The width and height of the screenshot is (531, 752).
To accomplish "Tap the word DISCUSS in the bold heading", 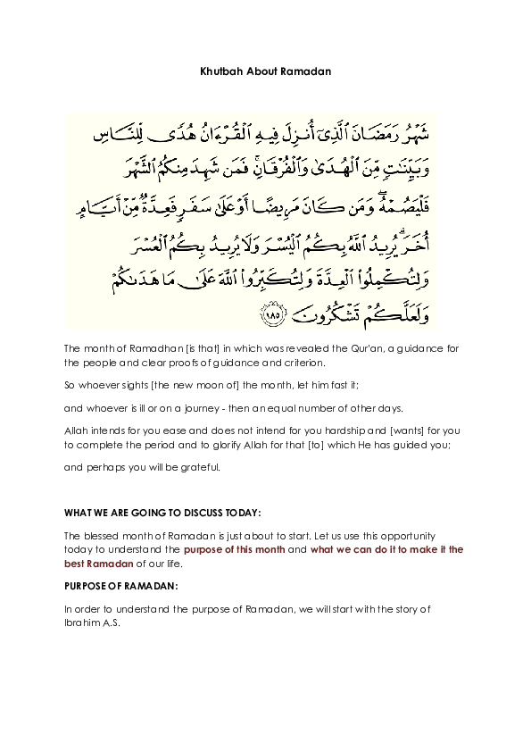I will tap(196, 513).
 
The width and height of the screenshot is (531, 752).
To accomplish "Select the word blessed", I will tap(104, 535).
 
